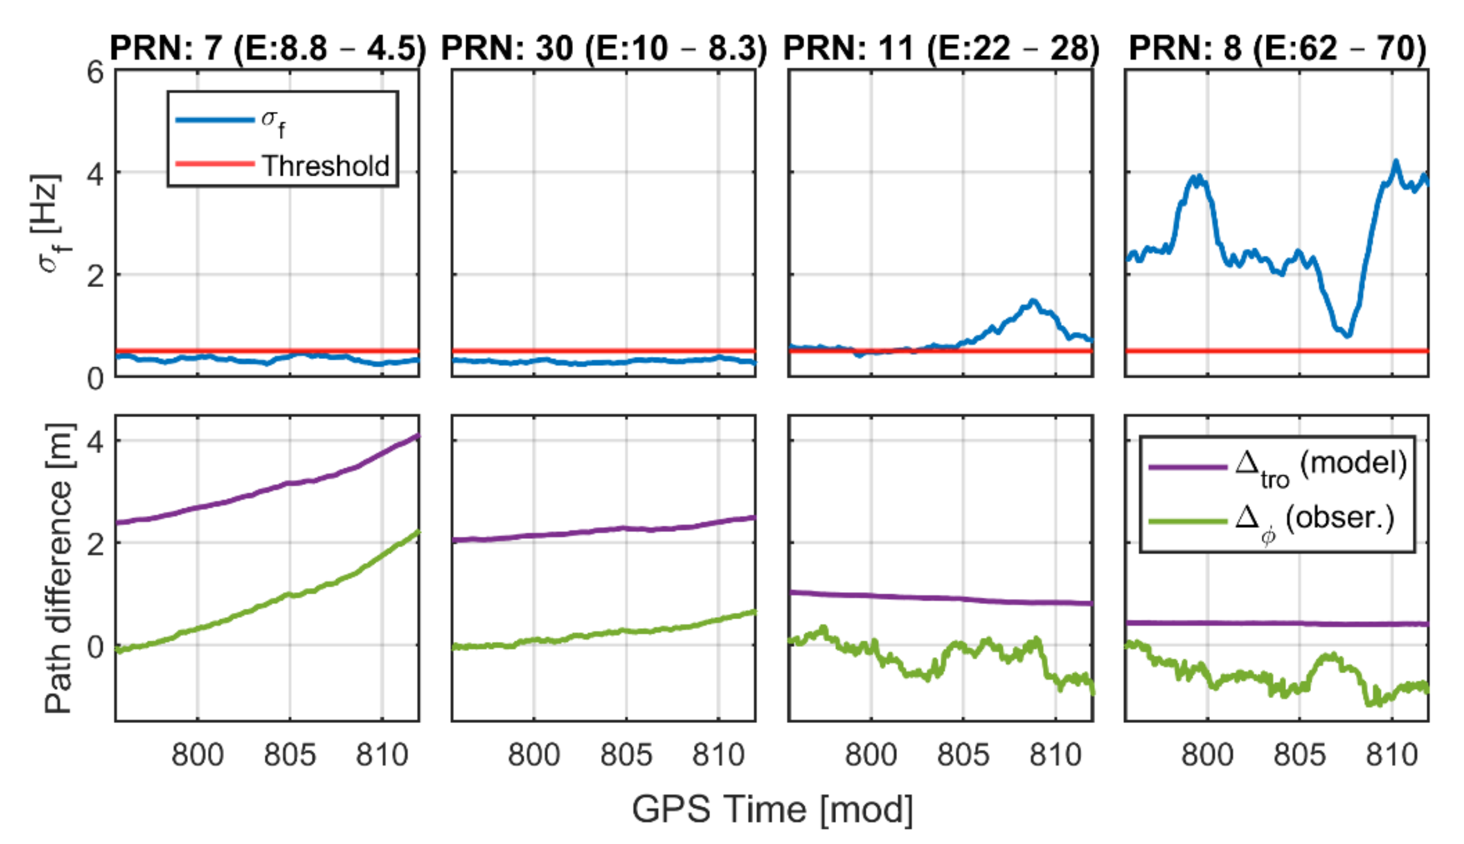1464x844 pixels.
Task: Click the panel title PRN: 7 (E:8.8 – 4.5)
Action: tap(268, 48)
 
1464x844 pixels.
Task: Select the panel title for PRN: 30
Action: tap(603, 48)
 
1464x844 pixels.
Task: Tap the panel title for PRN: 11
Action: tap(941, 48)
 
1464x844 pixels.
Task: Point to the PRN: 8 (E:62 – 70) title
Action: tap(1277, 48)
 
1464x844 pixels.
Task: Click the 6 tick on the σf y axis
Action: tap(95, 74)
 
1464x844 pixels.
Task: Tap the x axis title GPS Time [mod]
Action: tap(772, 809)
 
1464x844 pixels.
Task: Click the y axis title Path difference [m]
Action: tap(59, 568)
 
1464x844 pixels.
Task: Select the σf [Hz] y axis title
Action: tap(50, 223)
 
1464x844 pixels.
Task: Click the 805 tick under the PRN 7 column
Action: tap(290, 755)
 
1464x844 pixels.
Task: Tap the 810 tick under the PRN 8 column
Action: tap(1391, 755)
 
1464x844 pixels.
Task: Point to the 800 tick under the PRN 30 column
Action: tap(533, 755)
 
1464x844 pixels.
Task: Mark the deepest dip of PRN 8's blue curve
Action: tap(1348, 335)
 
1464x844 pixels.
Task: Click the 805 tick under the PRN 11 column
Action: tap(963, 755)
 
